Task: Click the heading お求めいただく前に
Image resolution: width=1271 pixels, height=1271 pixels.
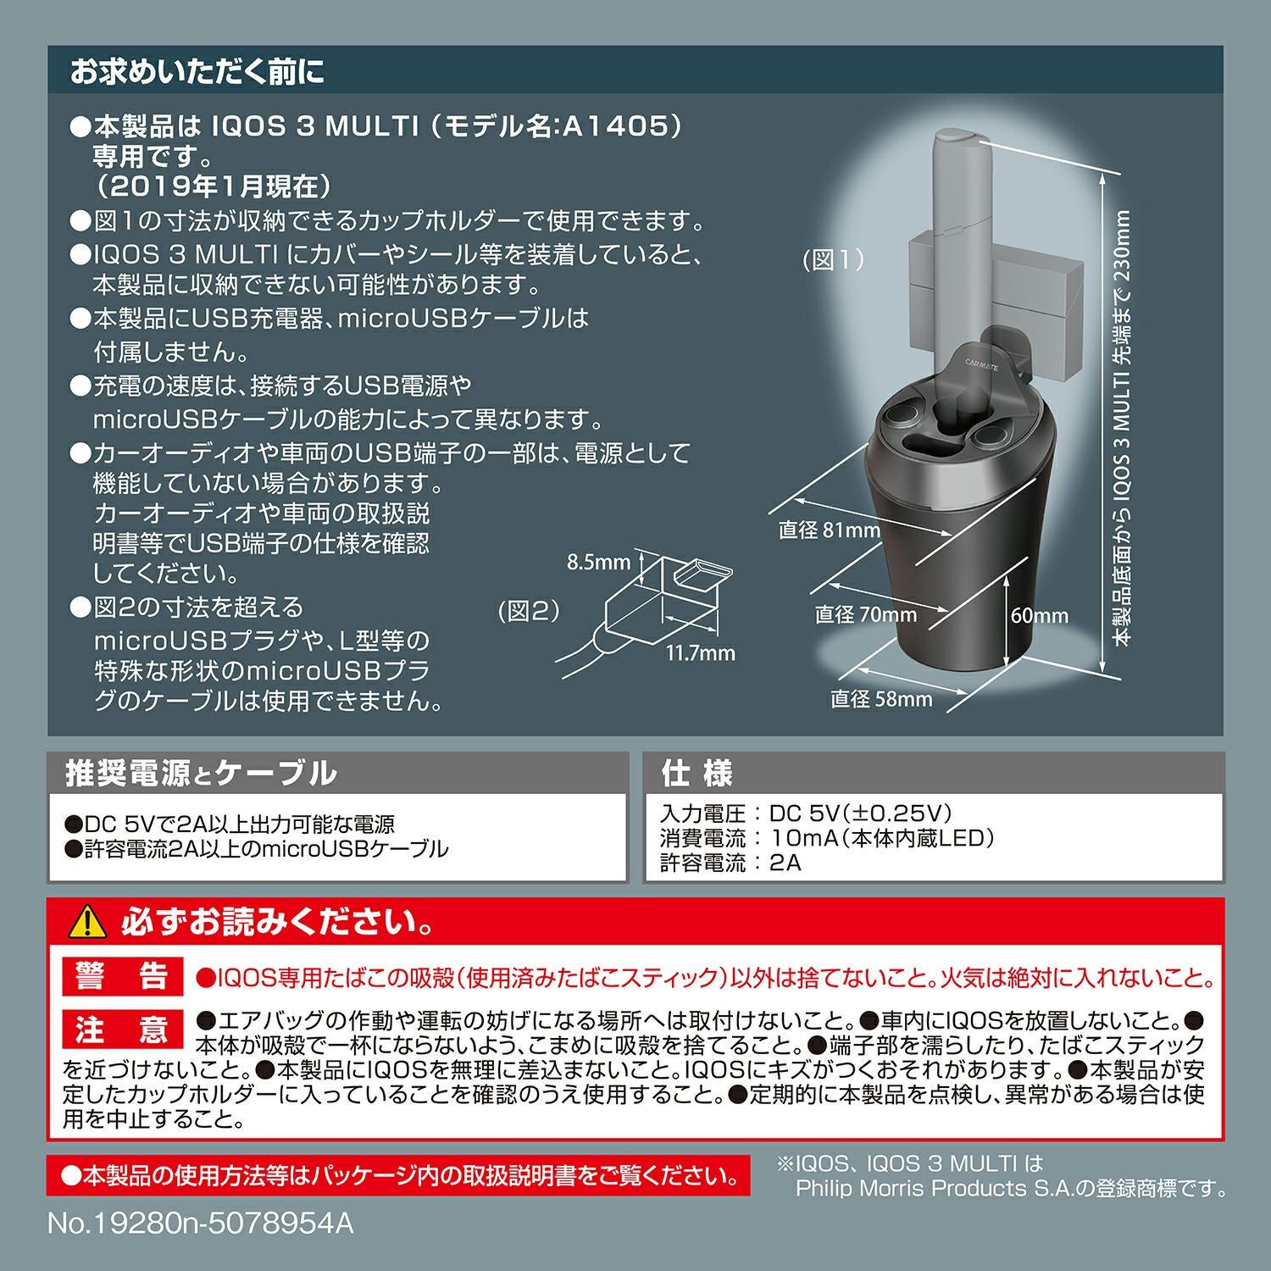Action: click(x=197, y=72)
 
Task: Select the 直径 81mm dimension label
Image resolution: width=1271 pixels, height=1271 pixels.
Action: click(x=830, y=530)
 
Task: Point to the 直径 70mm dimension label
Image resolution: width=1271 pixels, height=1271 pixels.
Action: click(x=865, y=614)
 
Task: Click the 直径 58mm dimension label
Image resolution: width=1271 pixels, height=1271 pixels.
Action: click(x=881, y=699)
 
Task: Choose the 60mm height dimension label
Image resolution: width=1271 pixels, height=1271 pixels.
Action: click(x=1039, y=616)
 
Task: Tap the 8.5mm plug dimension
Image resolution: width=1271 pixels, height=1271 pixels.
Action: click(x=598, y=563)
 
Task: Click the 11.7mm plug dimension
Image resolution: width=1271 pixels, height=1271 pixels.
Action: click(x=700, y=653)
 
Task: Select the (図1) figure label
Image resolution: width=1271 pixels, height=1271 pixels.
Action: click(x=834, y=260)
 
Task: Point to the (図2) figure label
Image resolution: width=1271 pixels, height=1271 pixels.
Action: click(x=529, y=611)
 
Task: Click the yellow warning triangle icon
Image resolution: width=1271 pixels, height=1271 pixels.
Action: click(x=87, y=923)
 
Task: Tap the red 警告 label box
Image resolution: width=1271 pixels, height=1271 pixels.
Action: click(x=122, y=976)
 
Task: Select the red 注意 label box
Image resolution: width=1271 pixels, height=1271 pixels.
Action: click(x=122, y=1030)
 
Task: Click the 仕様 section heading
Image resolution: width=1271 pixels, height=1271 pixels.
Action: click(x=697, y=773)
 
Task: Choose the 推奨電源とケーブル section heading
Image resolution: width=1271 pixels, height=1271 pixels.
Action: click(x=201, y=773)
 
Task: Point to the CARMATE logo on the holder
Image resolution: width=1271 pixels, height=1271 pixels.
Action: click(x=981, y=364)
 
